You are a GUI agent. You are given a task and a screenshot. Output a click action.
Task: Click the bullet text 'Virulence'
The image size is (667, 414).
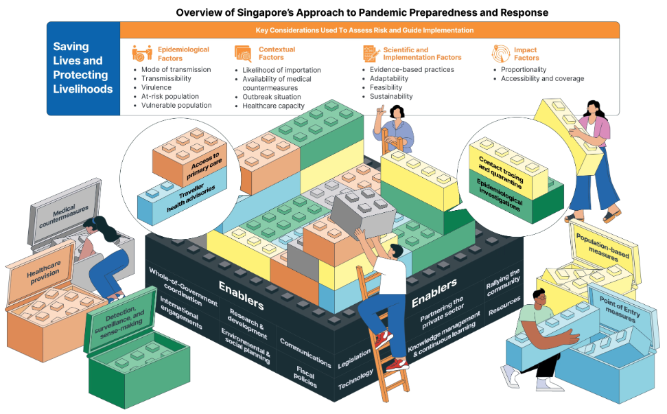[157, 88]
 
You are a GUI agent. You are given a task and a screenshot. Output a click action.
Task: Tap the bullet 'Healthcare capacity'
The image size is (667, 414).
[273, 106]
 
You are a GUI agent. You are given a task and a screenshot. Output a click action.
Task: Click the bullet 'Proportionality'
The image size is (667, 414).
[524, 70]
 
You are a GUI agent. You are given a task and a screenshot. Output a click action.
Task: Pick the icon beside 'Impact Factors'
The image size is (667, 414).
[501, 54]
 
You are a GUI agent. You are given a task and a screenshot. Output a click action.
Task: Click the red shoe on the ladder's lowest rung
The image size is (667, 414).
[396, 363]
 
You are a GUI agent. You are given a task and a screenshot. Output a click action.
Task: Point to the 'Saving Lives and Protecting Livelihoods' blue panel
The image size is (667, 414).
[83, 68]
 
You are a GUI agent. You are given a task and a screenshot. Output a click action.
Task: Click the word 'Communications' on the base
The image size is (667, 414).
[305, 352]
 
